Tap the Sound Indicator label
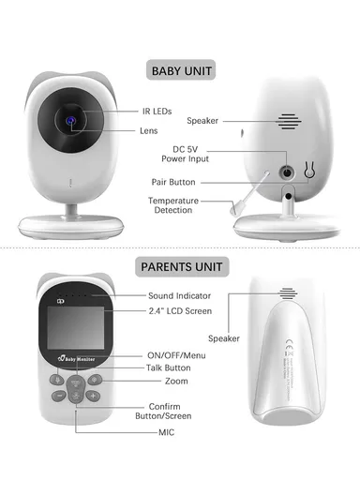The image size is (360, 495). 179,296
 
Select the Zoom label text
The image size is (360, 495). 175,382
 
